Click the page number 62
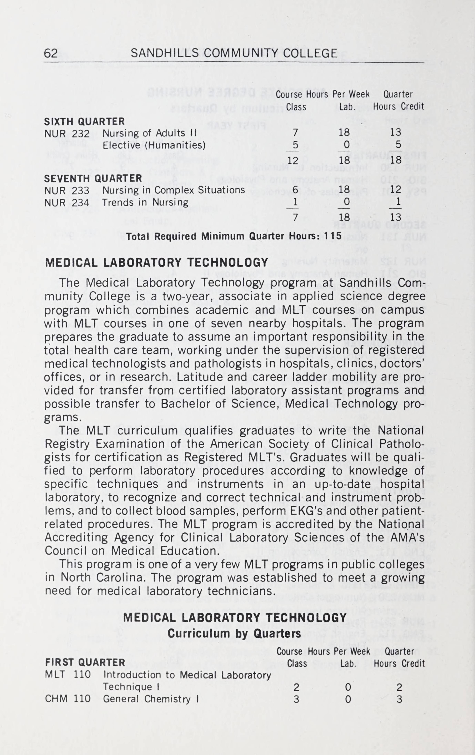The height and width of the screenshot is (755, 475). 51,53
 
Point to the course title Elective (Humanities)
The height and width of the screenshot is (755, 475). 154,145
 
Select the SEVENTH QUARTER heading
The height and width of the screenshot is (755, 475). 93,178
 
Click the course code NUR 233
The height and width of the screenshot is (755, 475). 67,191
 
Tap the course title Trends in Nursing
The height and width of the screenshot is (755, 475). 145,203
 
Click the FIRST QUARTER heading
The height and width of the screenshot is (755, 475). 85,662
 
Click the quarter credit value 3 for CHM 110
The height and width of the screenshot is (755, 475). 399,699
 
